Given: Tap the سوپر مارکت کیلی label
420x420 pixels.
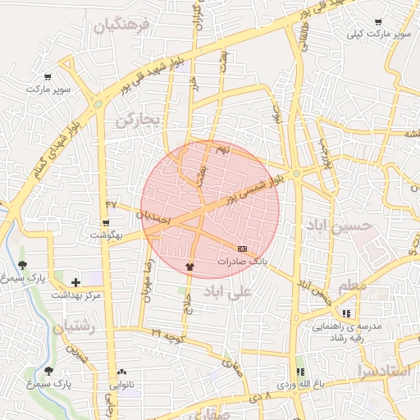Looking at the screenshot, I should pyautogui.click(x=379, y=34).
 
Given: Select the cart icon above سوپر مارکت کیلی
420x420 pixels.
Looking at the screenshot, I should pyautogui.click(x=377, y=22).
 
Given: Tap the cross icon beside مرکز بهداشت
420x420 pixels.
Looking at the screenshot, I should pyautogui.click(x=75, y=283).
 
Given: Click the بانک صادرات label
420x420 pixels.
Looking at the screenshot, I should pyautogui.click(x=242, y=260).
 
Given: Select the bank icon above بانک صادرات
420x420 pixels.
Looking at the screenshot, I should pyautogui.click(x=242, y=248).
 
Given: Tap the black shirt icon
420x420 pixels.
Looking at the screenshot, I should pyautogui.click(x=190, y=267).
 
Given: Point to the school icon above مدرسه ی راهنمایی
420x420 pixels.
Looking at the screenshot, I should pyautogui.click(x=346, y=313).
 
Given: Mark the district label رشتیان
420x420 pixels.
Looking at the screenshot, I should pyautogui.click(x=74, y=327).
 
